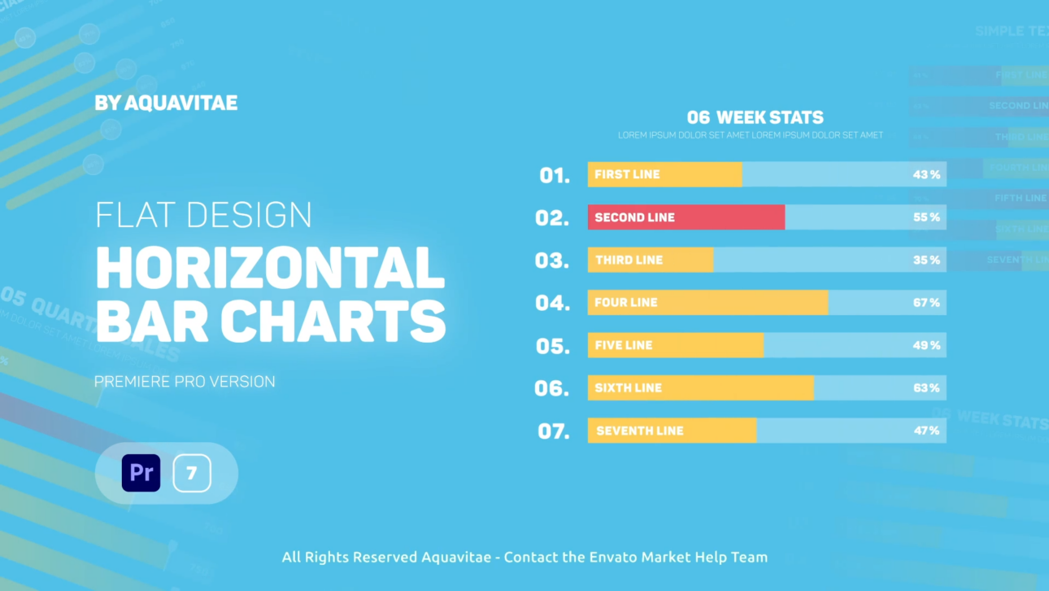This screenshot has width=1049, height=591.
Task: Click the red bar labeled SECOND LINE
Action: [686, 217]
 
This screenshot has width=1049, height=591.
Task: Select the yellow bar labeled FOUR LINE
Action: [707, 303]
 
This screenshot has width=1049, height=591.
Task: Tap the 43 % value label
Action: [926, 175]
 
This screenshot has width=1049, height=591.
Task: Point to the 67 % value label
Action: [926, 303]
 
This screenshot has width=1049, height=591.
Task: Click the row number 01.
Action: [555, 175]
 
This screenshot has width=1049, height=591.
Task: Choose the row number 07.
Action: [554, 431]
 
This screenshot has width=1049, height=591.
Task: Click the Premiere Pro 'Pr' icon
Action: [141, 473]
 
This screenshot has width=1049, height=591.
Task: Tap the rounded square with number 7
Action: [192, 473]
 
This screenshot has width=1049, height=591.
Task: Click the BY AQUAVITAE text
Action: [166, 103]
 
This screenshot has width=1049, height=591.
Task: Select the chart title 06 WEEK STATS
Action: [755, 117]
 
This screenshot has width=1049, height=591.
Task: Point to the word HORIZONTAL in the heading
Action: [270, 268]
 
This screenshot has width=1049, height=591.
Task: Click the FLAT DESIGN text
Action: [203, 215]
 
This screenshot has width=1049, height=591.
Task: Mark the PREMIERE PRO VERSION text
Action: [185, 381]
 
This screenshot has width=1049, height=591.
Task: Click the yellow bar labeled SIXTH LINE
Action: [700, 388]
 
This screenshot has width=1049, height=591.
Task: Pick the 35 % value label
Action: [926, 260]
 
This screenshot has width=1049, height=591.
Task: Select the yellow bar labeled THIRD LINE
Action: [650, 260]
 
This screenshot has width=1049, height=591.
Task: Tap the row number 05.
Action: [553, 346]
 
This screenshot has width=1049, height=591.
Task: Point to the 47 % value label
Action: [926, 431]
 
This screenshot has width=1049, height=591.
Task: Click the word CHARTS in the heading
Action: [333, 321]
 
